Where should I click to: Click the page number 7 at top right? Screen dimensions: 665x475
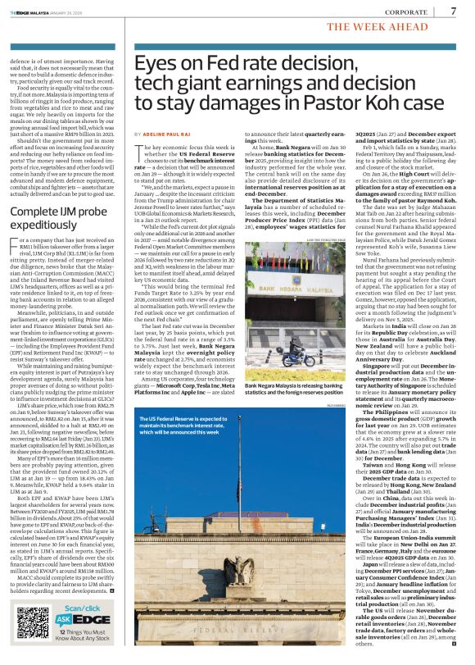click(454, 11)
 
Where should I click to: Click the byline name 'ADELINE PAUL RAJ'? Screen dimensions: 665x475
click(168, 133)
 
